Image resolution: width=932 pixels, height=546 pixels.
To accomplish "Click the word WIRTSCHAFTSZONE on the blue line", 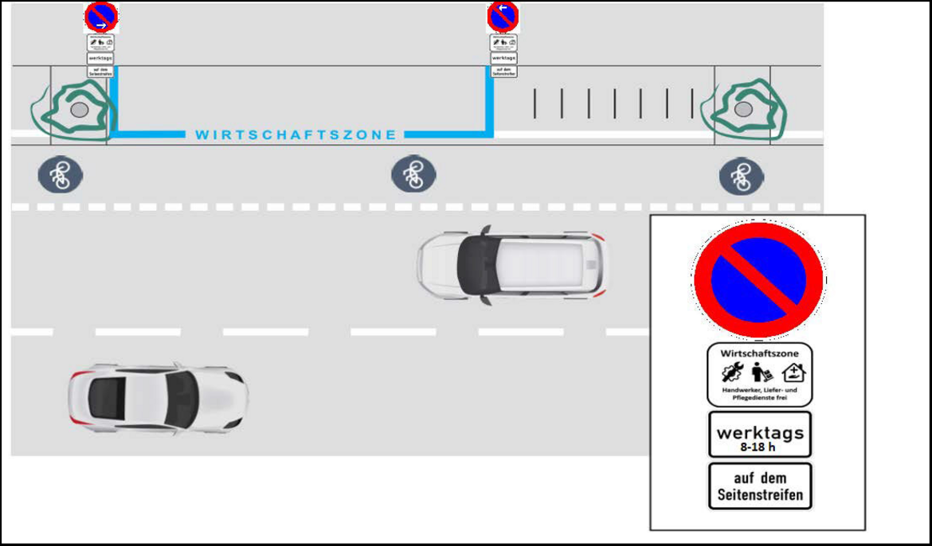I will tap(296, 135).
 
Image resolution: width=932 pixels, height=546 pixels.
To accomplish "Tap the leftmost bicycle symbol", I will tap(61, 174).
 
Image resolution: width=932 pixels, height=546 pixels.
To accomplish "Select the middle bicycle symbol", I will tap(413, 174).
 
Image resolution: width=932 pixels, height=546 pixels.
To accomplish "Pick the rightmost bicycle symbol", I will tap(742, 175).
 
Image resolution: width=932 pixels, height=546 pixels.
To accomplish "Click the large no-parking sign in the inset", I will tap(758, 279).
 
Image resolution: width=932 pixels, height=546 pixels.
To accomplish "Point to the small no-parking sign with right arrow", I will tap(101, 16).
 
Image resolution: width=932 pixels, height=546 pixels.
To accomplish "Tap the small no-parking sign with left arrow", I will tap(503, 16).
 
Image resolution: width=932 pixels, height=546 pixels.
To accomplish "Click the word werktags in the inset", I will tap(760, 433).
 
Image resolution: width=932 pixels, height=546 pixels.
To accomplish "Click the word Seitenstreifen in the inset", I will tap(760, 494).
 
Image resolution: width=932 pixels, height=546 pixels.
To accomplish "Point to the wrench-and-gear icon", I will tap(732, 372).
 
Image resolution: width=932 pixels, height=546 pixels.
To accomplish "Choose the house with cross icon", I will tap(794, 372).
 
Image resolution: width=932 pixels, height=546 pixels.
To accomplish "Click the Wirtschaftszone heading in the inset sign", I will tap(759, 353).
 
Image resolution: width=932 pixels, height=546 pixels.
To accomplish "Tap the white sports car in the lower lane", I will tap(157, 397).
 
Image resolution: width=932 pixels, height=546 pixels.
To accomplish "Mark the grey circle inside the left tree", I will tap(79, 109).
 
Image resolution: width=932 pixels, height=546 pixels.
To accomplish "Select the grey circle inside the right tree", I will tap(743, 109).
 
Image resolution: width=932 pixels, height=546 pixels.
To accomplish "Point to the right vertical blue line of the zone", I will tap(489, 99).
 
